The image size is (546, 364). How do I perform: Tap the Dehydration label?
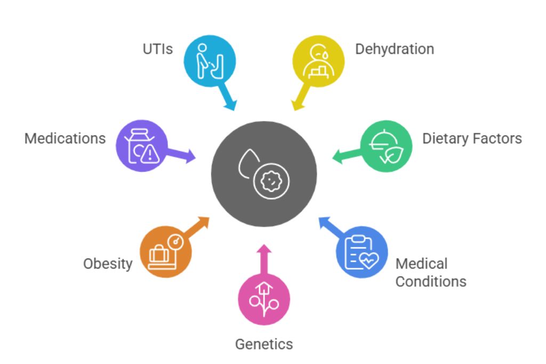(x=395, y=49)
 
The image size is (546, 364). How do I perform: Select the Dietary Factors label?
(x=472, y=139)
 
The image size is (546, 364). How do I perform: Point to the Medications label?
(x=65, y=139)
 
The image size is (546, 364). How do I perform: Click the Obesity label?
(x=108, y=263)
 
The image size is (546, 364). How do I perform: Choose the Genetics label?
(x=264, y=344)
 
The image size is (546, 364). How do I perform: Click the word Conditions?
(x=431, y=281)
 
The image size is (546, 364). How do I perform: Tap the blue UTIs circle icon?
(x=209, y=61)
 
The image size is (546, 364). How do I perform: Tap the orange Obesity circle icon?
(x=165, y=252)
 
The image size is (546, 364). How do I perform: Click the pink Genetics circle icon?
(x=264, y=299)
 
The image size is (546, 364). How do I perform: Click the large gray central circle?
(x=264, y=173)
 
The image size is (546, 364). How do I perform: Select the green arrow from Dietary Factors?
(x=346, y=155)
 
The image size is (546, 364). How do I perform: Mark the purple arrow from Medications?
(x=181, y=156)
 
